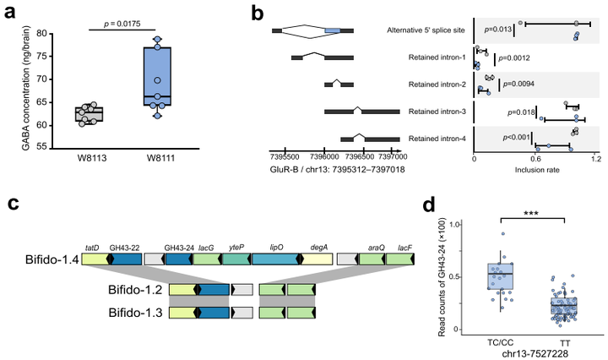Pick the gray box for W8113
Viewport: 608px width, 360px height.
click(89, 114)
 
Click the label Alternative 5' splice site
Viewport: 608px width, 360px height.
click(422, 30)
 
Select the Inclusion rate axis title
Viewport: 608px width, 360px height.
click(535, 167)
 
